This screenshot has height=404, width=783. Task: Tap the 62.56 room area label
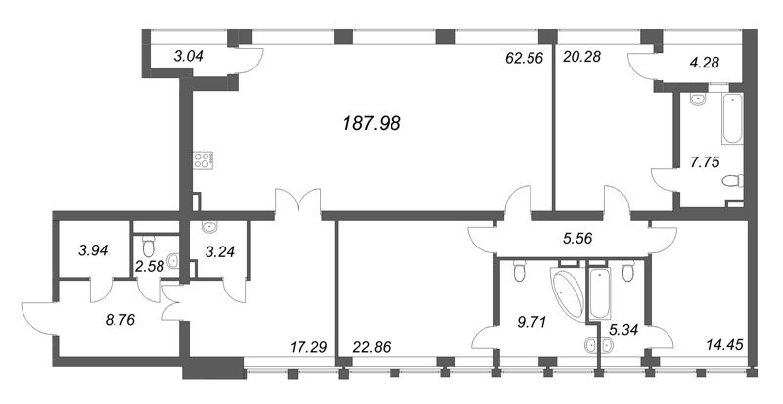tap(524, 57)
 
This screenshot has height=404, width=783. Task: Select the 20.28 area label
tap(582, 57)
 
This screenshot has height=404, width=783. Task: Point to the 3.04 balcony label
tap(189, 57)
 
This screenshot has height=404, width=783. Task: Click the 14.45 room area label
tap(725, 344)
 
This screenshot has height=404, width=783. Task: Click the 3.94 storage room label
tap(92, 250)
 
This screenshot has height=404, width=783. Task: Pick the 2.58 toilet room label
tap(149, 266)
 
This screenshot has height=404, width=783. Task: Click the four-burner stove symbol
tap(204, 160)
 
